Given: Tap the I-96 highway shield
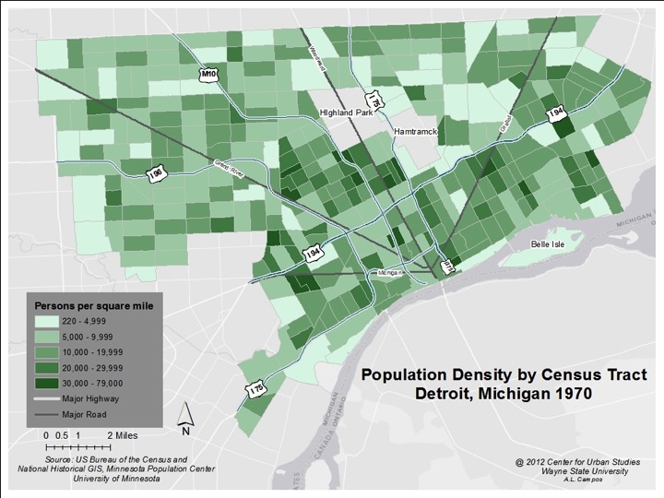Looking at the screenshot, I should click(x=158, y=173).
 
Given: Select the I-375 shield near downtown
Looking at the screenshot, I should click(x=448, y=265).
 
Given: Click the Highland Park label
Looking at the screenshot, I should click(x=343, y=112).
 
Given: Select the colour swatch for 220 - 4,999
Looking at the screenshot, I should click(x=48, y=321).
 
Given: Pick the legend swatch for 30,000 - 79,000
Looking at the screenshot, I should click(x=48, y=382).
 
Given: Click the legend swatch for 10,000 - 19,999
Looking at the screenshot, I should click(x=48, y=351).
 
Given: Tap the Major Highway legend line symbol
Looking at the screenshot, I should click(x=48, y=398).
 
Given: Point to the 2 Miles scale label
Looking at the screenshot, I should click(x=122, y=433).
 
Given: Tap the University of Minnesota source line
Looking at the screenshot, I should click(x=115, y=479).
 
